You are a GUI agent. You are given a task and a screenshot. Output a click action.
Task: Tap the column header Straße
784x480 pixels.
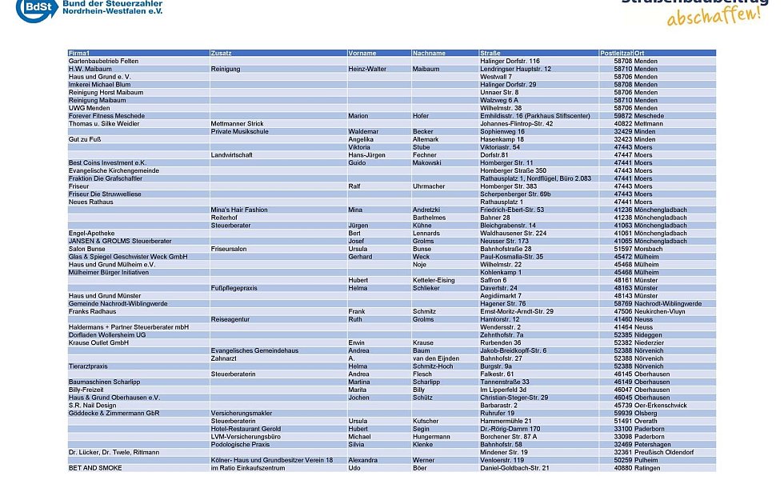[x=490, y=53]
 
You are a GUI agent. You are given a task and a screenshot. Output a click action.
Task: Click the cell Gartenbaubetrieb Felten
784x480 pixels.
[x=103, y=61]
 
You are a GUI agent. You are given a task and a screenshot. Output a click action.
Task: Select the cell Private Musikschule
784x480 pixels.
[x=239, y=131]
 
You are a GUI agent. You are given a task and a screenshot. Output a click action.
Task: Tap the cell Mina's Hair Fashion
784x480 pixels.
[x=239, y=210]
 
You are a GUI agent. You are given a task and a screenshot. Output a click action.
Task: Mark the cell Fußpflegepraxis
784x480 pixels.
[x=234, y=288]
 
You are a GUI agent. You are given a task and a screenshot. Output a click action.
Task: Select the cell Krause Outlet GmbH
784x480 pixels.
[x=98, y=342]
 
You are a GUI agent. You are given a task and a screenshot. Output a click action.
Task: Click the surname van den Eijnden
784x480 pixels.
[x=435, y=358]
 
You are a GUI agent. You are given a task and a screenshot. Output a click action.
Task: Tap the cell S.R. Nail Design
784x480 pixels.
[x=93, y=405]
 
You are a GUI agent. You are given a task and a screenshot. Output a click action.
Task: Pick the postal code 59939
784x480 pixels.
[x=622, y=413]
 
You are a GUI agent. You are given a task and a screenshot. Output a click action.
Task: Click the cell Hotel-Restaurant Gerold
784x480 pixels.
[x=246, y=429]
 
